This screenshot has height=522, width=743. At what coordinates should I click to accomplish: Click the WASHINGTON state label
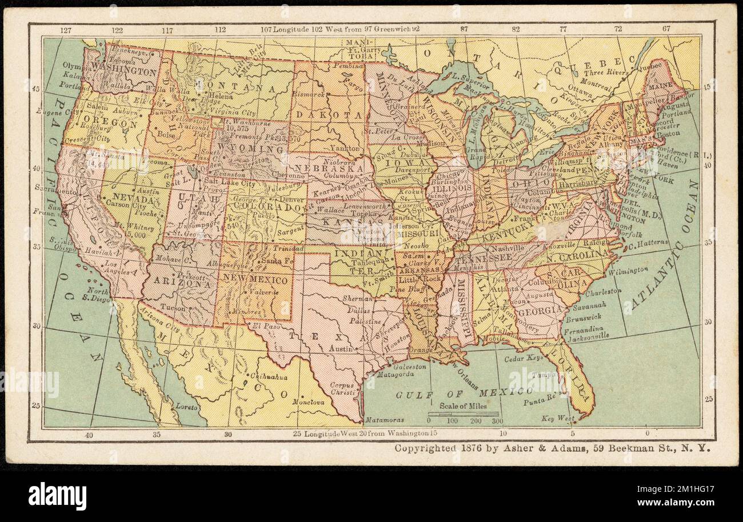124,72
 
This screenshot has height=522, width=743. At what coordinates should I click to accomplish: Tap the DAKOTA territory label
329,115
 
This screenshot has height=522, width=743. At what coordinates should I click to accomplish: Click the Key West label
558,419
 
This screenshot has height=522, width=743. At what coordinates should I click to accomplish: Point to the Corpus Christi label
343,389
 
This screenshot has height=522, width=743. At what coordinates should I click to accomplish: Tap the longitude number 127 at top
66,30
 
